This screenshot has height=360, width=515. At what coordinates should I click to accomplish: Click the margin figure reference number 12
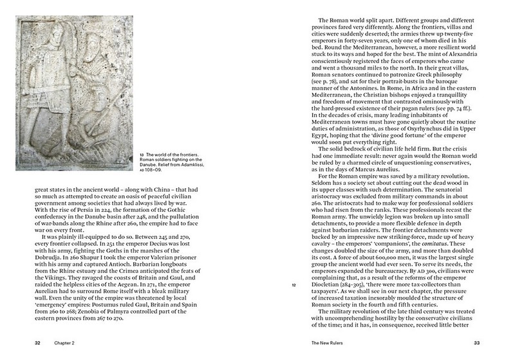point(293,284)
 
